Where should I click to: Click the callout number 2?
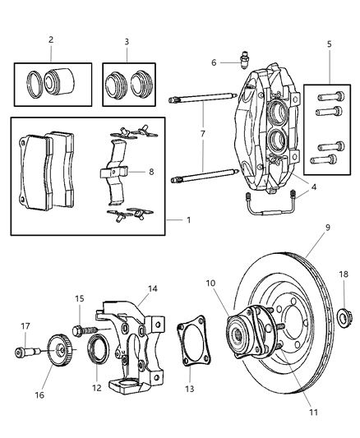coord(51,39)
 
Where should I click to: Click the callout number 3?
coord(126,41)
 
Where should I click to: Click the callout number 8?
coord(150,172)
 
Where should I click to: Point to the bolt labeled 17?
coord(23,354)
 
